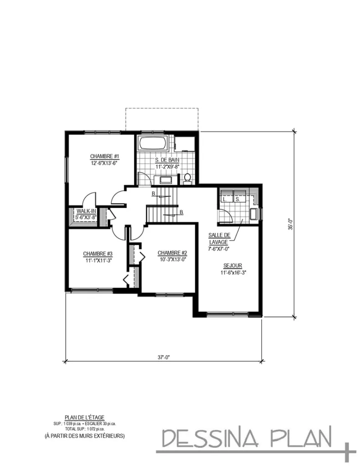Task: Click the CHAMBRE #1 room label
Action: (x=101, y=156)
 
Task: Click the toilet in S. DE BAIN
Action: (x=187, y=178)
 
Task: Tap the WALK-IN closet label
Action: (x=86, y=211)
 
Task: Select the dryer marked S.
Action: (x=238, y=198)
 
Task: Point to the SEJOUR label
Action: (x=232, y=265)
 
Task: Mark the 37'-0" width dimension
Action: (x=163, y=357)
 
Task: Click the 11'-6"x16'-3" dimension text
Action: (x=232, y=273)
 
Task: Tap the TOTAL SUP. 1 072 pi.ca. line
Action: (x=85, y=429)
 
